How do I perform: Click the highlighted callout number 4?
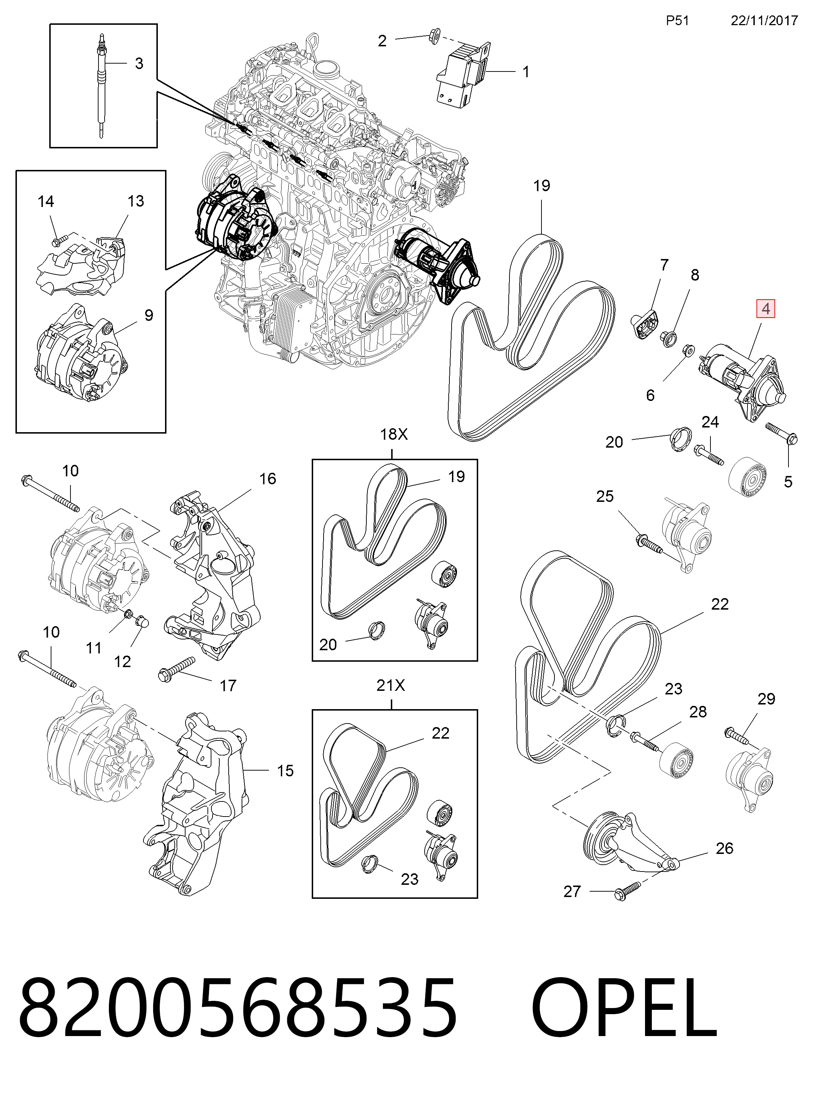(766, 309)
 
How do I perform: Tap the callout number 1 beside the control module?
(526, 72)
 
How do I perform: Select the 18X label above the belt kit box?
(394, 434)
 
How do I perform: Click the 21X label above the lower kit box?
(391, 685)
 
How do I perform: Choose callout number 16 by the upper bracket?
(267, 479)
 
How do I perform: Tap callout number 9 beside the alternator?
(149, 315)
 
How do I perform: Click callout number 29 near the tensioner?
(766, 699)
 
